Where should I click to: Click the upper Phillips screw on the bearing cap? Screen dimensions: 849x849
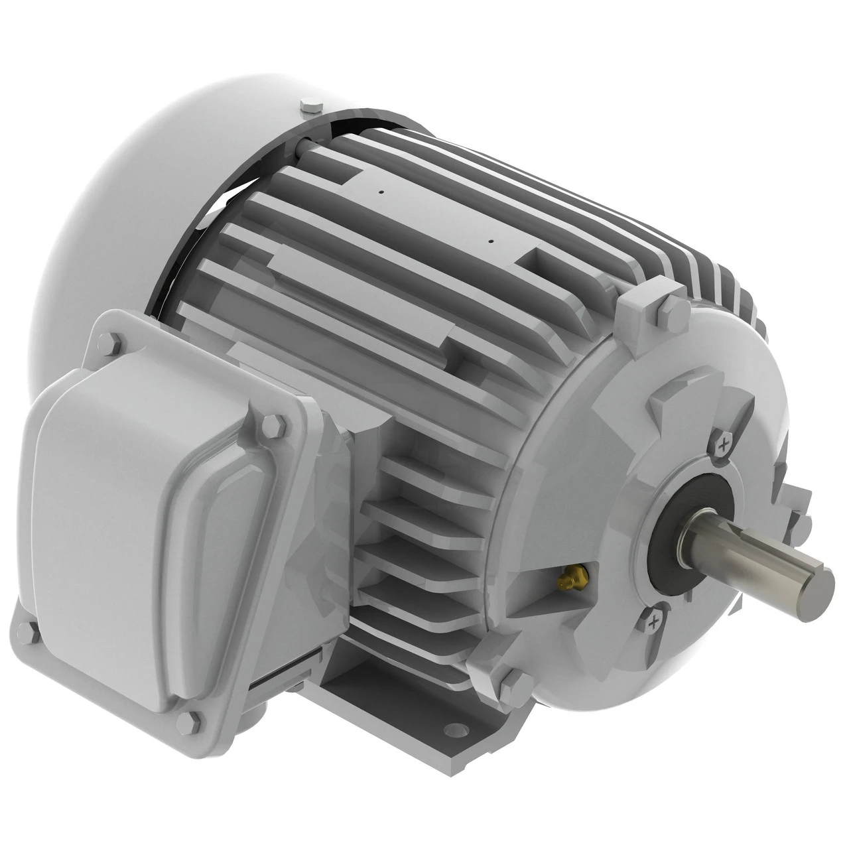click(x=724, y=442)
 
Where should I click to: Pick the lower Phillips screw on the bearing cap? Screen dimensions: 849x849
click(x=654, y=621)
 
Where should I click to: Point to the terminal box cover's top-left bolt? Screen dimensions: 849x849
click(x=108, y=343)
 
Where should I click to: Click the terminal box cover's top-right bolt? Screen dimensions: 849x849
click(x=272, y=424)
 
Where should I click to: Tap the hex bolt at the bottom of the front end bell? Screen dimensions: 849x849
click(x=516, y=682)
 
